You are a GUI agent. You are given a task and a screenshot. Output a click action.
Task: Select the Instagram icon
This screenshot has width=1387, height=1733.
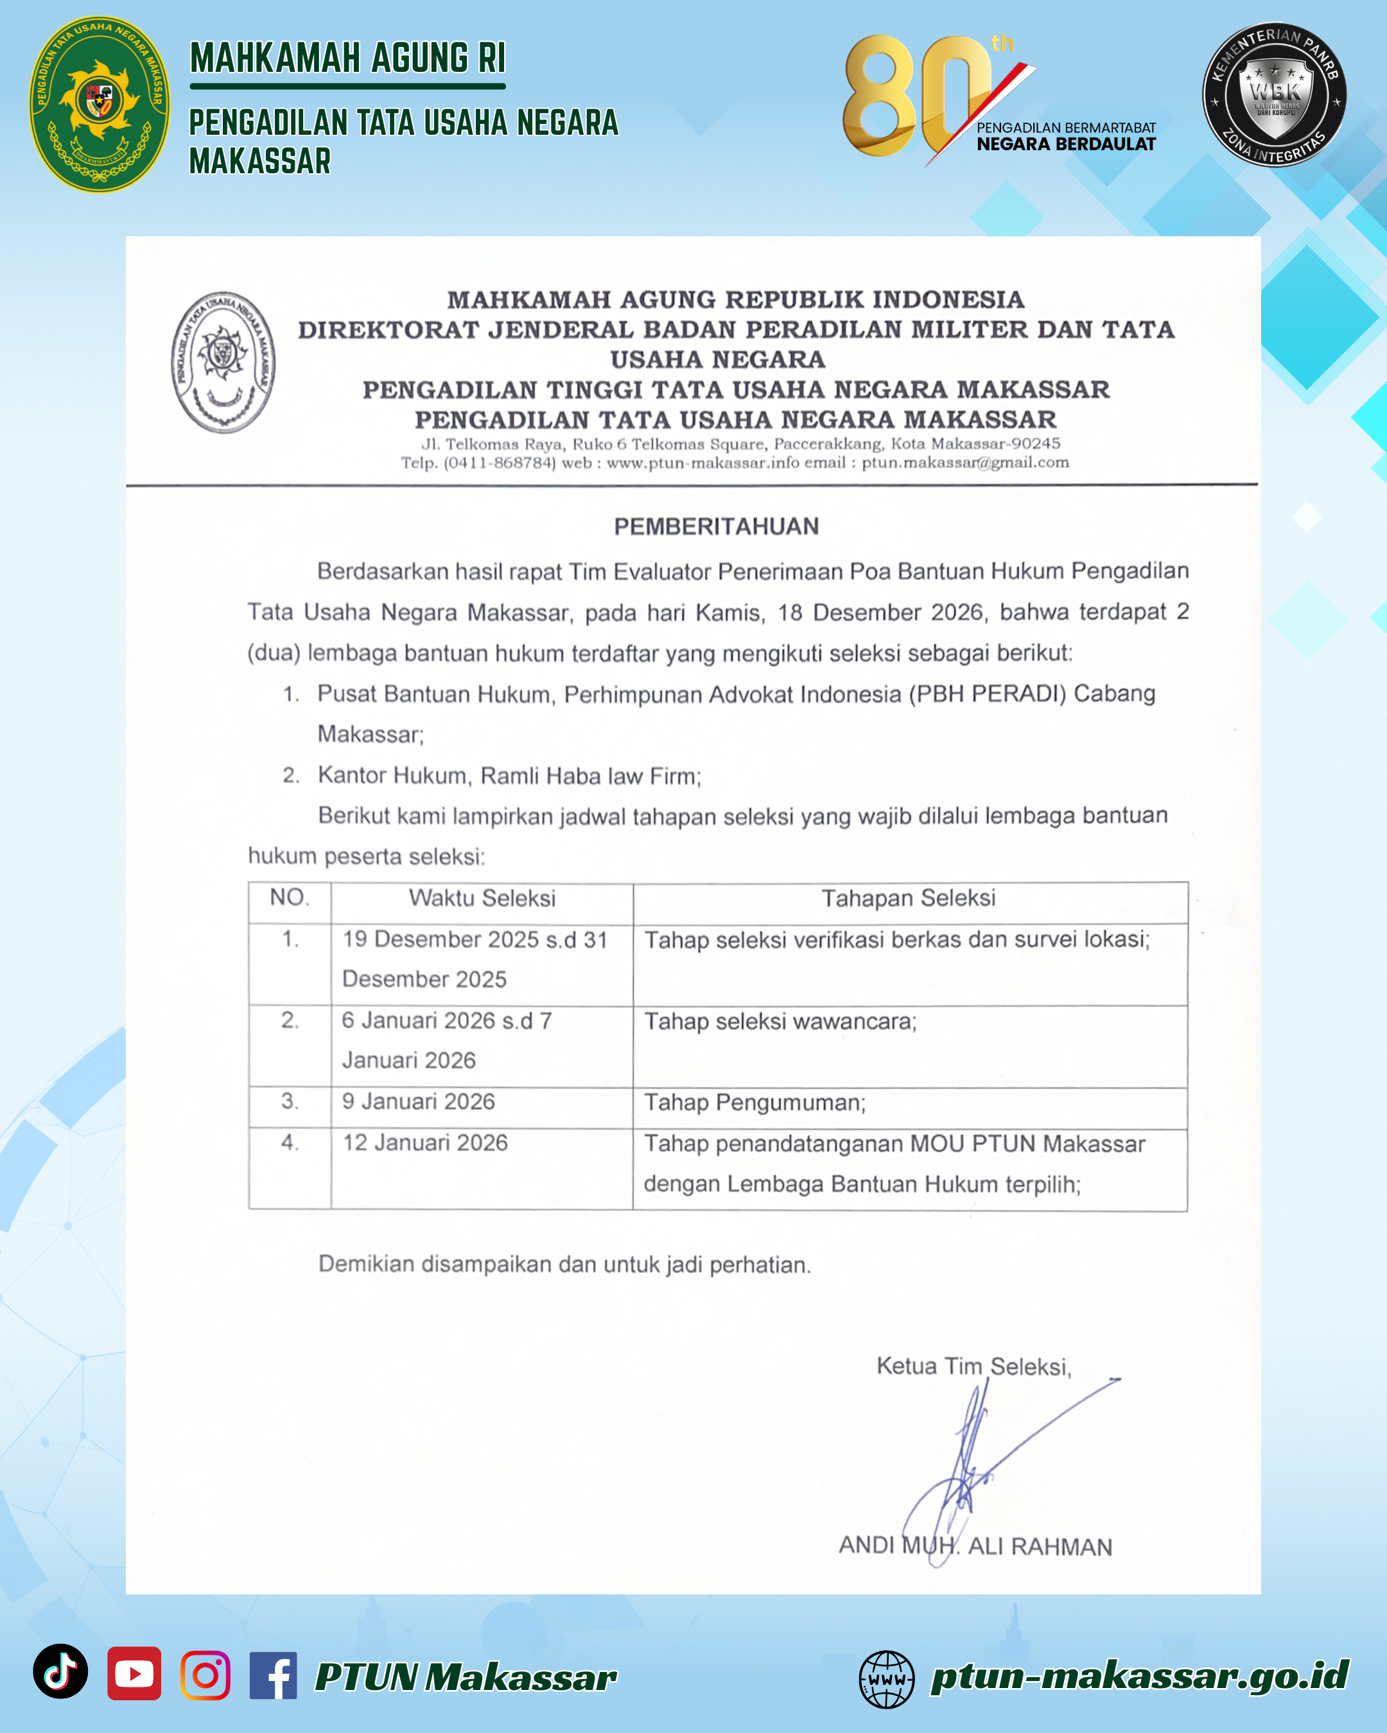click(x=205, y=1675)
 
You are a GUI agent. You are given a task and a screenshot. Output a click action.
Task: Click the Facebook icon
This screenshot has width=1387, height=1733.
click(x=274, y=1675)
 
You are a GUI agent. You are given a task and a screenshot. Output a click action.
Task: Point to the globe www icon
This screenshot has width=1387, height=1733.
click(x=886, y=1679)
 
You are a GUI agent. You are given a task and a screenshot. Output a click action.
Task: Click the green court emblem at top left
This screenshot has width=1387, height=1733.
click(x=100, y=104)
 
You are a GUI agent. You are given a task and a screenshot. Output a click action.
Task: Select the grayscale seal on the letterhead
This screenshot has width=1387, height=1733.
click(x=223, y=362)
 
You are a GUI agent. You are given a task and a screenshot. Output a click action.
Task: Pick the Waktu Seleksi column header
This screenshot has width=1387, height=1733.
click(x=482, y=898)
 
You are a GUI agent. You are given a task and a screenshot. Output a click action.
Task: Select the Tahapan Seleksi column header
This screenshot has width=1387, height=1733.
click(x=909, y=898)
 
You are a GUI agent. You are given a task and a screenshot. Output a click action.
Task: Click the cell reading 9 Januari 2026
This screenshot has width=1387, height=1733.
click(x=419, y=1101)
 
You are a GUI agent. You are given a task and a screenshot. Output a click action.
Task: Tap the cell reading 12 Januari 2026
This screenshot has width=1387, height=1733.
click(x=425, y=1142)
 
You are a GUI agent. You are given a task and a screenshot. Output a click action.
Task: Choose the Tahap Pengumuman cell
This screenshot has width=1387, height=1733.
click(x=755, y=1103)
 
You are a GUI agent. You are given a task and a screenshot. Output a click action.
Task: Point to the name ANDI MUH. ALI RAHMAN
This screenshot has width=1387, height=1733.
click(x=975, y=1546)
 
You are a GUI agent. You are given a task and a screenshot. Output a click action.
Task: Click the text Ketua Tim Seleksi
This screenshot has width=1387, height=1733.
click(x=973, y=1366)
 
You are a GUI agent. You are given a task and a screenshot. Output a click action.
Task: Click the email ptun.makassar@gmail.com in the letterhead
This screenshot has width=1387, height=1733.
click(x=965, y=463)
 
